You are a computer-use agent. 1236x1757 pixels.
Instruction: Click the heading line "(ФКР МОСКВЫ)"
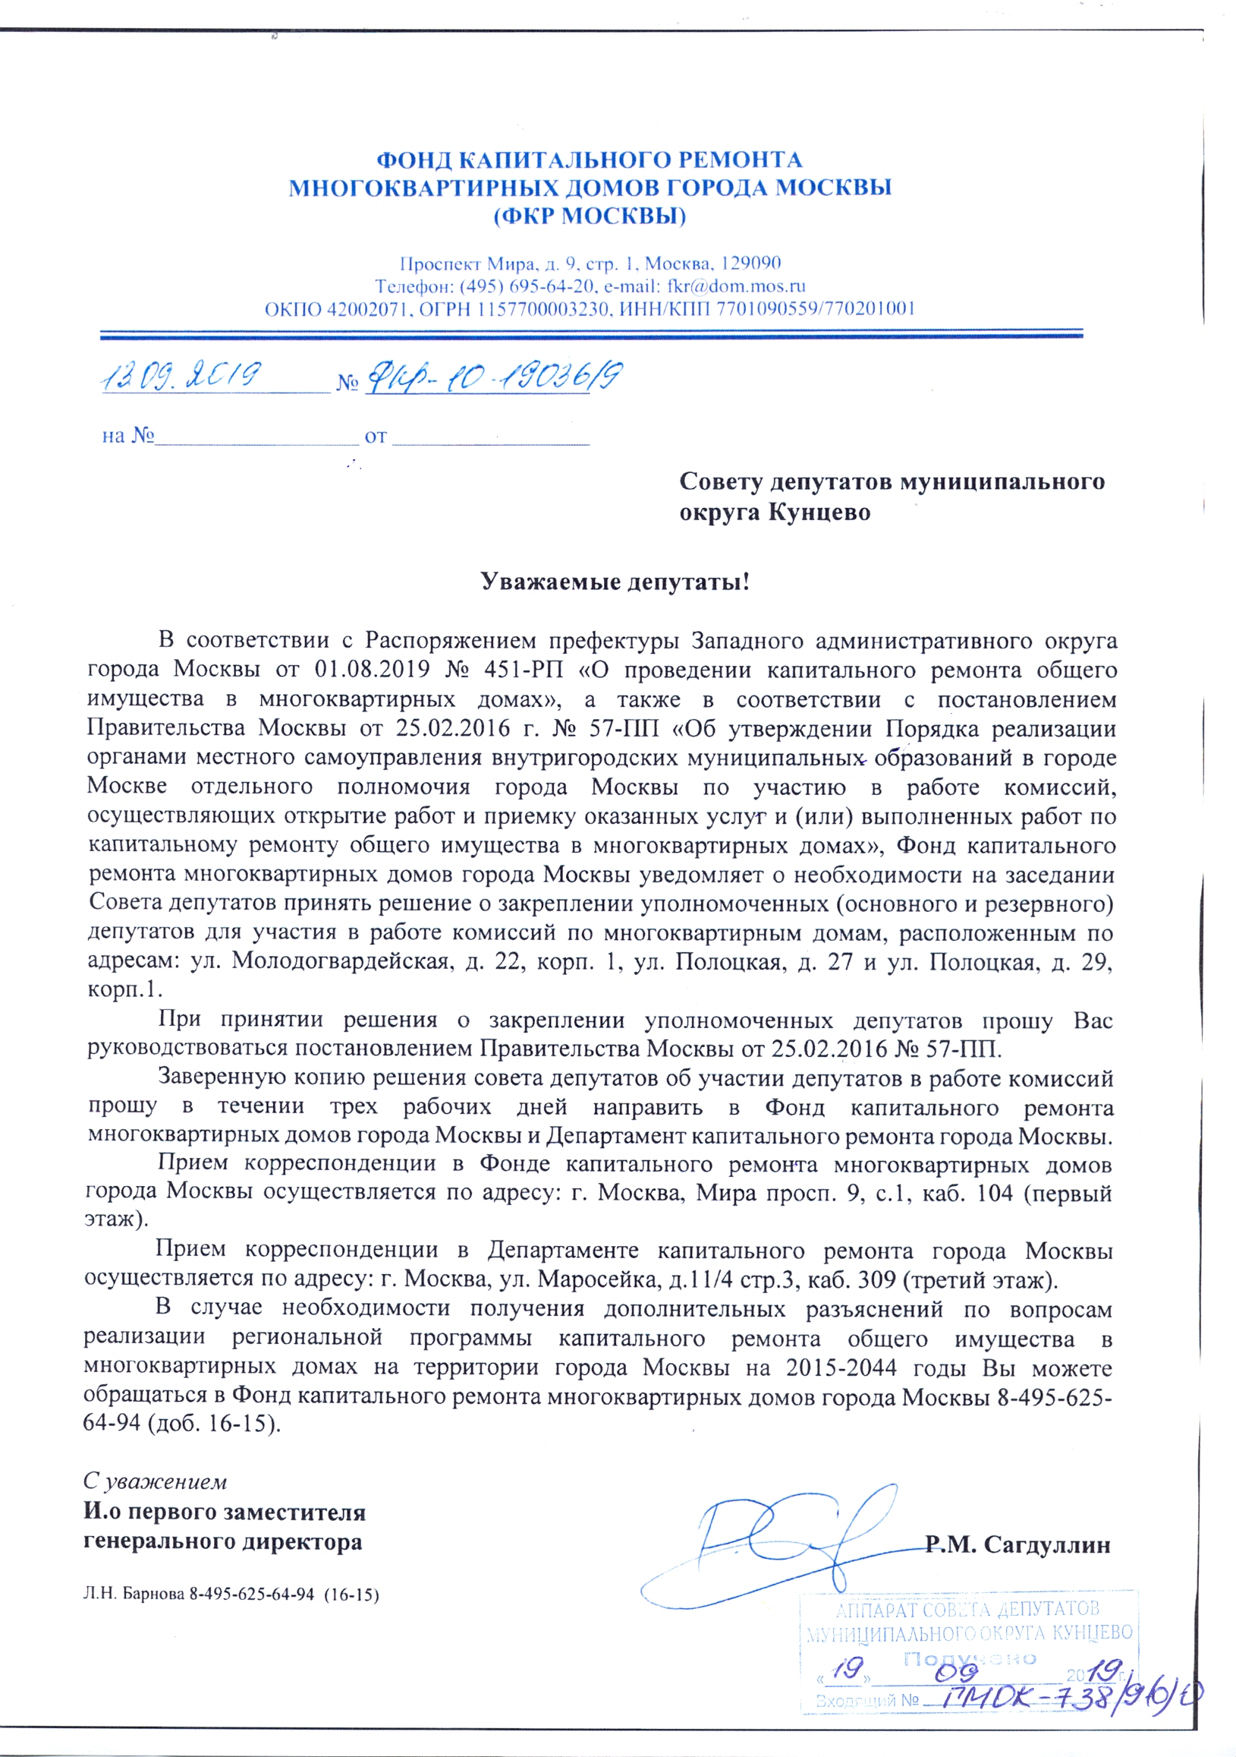click(590, 216)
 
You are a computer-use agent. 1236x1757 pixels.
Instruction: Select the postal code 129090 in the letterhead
click(751, 263)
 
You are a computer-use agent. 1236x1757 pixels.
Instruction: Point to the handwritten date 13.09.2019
click(181, 377)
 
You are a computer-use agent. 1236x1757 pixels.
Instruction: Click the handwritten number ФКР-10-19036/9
click(493, 377)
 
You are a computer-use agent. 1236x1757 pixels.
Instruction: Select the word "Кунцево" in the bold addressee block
click(819, 512)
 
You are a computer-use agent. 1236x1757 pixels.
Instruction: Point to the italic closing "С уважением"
click(156, 1482)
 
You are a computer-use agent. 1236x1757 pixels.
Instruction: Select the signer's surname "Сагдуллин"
click(1047, 1544)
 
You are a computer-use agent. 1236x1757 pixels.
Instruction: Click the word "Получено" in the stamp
click(969, 1659)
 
